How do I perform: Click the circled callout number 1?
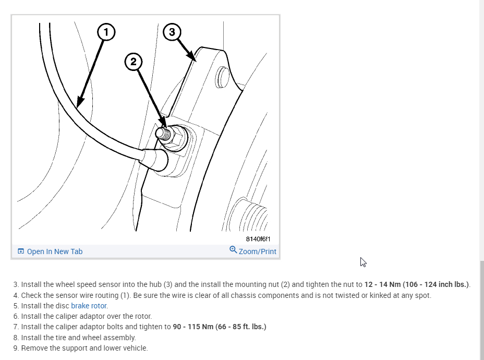pos(106,32)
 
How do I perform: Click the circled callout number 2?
pos(134,62)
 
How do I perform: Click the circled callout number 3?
pos(172,32)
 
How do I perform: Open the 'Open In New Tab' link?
pos(54,251)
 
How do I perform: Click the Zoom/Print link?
pos(257,251)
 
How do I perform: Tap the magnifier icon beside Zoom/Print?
pos(233,250)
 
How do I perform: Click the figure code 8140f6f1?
pos(258,239)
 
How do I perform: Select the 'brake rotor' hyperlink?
pos(89,306)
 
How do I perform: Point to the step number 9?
pos(16,348)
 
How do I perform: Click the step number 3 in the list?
pos(16,284)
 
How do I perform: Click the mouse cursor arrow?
pos(363,262)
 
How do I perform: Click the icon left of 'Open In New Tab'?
pos(21,251)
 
